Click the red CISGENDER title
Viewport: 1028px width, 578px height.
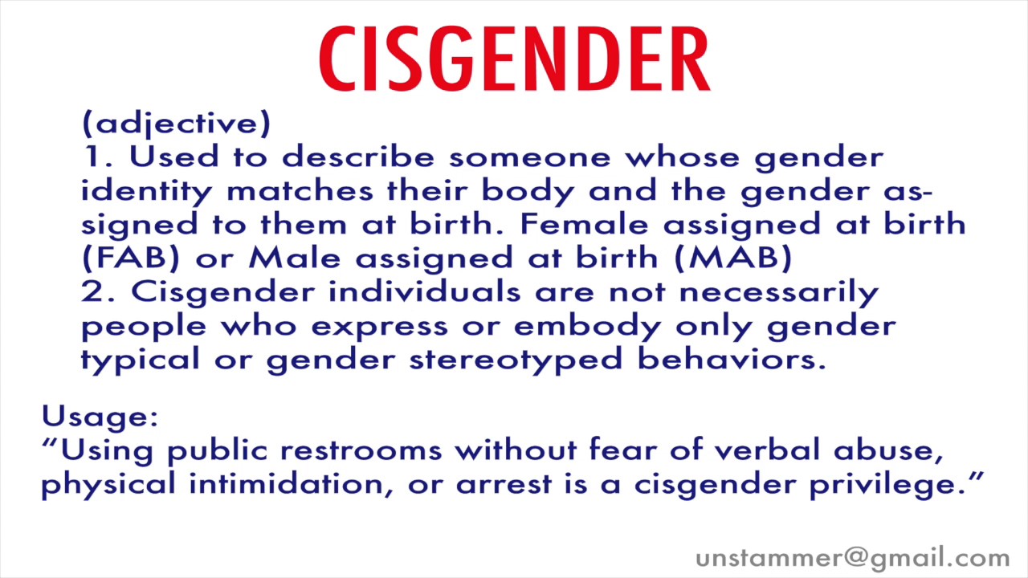(x=514, y=59)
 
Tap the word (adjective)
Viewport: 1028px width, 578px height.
(x=176, y=124)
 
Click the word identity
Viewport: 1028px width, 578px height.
(x=147, y=191)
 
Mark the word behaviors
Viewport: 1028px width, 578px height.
(x=732, y=359)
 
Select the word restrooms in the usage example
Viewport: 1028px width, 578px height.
(x=361, y=450)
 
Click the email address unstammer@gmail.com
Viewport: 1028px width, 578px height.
(x=852, y=558)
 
